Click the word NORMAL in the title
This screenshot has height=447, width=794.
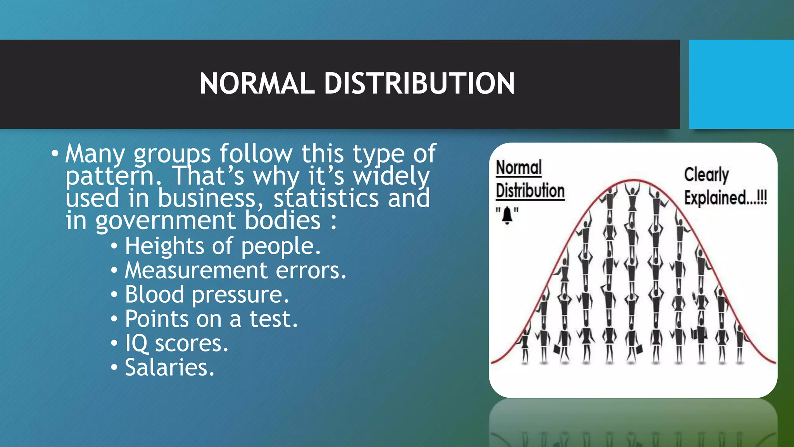257,83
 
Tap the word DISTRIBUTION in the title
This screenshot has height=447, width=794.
419,83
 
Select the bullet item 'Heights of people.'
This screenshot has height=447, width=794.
223,246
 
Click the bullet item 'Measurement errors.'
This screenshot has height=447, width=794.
235,270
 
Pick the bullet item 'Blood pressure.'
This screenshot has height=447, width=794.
207,295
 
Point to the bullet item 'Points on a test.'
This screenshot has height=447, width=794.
211,319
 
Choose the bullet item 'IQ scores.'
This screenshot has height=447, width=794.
176,343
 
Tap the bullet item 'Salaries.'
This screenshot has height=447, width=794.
169,367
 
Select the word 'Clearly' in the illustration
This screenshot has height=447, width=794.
706,175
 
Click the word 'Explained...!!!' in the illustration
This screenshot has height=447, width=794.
725,198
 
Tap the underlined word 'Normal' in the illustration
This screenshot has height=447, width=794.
519,168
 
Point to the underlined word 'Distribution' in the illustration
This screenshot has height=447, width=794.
530,191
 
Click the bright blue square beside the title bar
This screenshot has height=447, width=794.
741,84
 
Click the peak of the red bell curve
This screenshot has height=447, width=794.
633,180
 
